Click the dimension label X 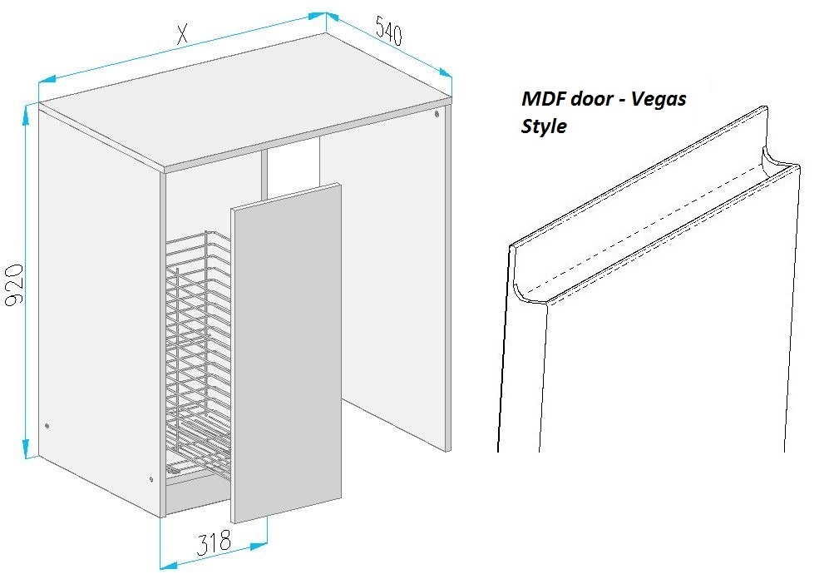pos(182,34)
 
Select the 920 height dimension pos(14,285)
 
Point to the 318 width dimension pos(214,542)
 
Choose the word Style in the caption pos(544,126)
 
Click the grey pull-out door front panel pos(286,353)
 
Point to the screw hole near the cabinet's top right pos(437,114)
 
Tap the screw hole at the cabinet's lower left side pos(47,425)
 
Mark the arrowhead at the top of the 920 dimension pos(25,114)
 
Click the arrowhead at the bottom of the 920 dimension pos(25,448)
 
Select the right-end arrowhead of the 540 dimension pos(445,72)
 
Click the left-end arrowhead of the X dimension pos(47,80)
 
